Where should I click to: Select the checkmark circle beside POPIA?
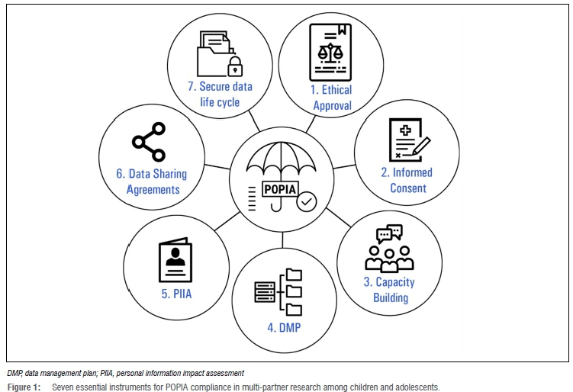(307, 201)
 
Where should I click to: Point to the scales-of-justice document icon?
(330, 51)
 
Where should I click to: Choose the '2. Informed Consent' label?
(407, 180)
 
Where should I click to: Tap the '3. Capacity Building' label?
(389, 289)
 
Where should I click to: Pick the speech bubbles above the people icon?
(389, 233)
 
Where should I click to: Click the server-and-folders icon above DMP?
(284, 291)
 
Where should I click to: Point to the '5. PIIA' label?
(175, 290)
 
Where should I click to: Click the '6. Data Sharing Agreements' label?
(151, 182)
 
